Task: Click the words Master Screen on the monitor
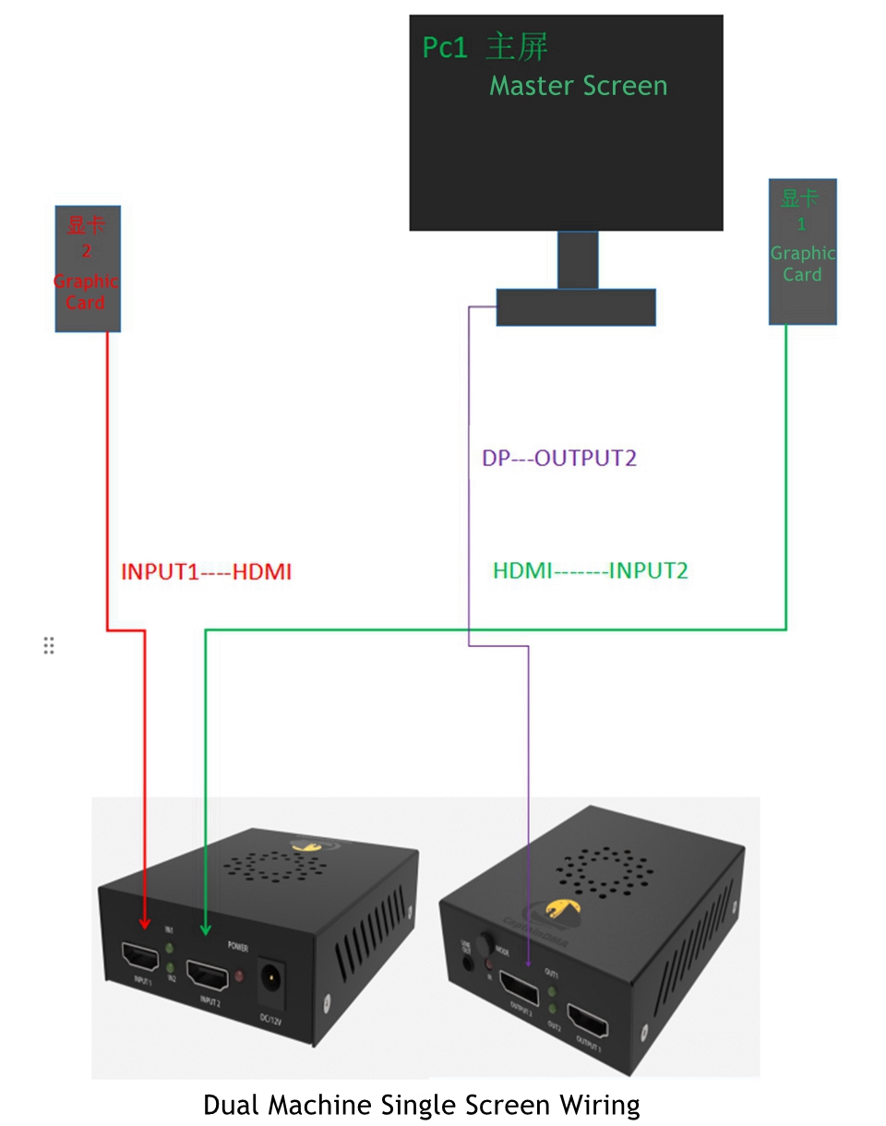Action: (578, 86)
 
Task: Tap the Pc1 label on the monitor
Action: (446, 47)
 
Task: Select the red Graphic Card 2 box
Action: (87, 268)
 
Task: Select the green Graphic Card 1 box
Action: (802, 251)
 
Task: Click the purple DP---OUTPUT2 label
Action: (559, 458)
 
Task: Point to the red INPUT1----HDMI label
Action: (207, 572)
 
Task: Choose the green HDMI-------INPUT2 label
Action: (591, 570)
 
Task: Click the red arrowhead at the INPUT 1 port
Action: (145, 922)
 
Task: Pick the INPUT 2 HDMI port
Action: (209, 975)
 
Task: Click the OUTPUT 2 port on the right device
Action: (520, 988)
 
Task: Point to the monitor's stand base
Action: (576, 307)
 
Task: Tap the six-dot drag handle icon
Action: (49, 645)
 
